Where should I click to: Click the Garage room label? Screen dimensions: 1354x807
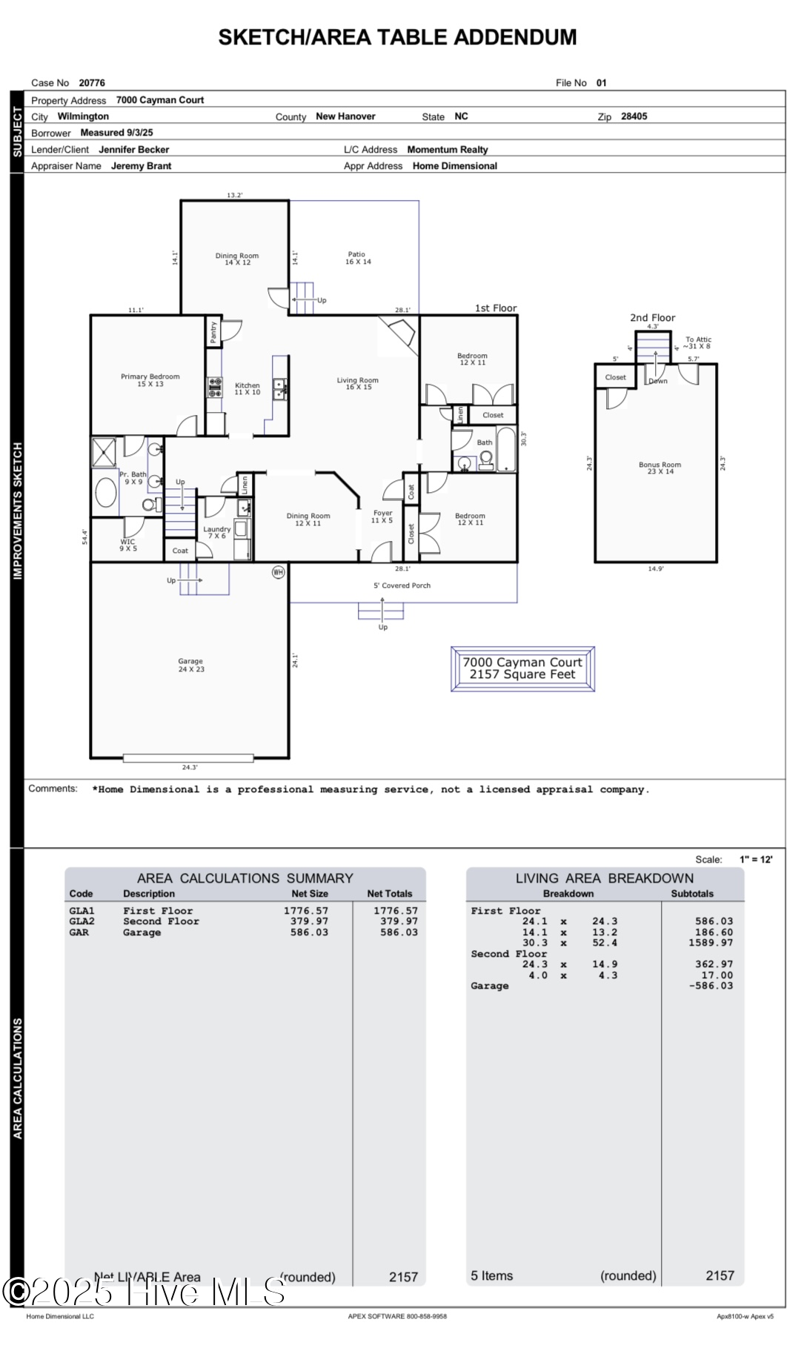click(190, 665)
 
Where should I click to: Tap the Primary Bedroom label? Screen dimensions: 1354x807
click(150, 380)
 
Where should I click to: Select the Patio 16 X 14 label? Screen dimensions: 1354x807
click(357, 258)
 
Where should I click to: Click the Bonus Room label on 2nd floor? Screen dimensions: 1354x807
click(659, 468)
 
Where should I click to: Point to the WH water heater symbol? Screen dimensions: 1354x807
click(278, 572)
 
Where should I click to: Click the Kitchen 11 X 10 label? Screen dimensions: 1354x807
click(248, 388)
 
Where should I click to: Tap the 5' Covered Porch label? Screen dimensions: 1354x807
click(402, 585)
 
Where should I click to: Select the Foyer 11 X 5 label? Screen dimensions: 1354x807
click(382, 517)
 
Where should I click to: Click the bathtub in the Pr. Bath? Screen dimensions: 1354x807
click(106, 493)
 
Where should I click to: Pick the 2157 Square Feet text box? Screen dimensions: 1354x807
click(522, 668)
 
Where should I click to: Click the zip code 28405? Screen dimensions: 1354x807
click(634, 116)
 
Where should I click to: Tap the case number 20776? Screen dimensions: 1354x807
click(92, 83)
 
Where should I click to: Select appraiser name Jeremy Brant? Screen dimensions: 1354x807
click(141, 166)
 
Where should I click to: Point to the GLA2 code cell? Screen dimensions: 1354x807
click(82, 921)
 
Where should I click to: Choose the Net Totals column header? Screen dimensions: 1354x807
click(389, 894)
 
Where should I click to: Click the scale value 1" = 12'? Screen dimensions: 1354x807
click(755, 860)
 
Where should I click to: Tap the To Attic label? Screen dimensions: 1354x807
click(697, 342)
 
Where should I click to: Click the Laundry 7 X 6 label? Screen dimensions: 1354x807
click(216, 532)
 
